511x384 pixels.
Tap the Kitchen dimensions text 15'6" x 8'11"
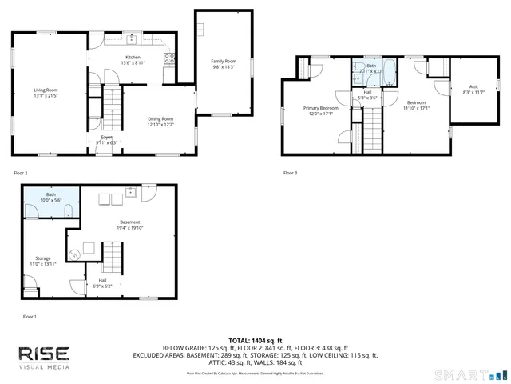tap(133, 63)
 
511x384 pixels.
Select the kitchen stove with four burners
tap(169, 56)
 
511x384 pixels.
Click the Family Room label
tap(224, 61)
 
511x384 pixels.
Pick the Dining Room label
tap(160, 118)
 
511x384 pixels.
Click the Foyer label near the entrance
tap(106, 138)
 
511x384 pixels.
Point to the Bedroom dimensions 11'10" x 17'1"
tap(417, 108)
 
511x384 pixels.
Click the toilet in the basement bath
tap(69, 210)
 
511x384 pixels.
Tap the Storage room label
tap(42, 258)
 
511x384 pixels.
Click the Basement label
tap(129, 222)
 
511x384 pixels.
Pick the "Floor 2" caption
tap(21, 173)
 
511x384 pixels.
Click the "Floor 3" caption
tap(291, 173)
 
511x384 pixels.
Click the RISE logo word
tap(45, 354)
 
